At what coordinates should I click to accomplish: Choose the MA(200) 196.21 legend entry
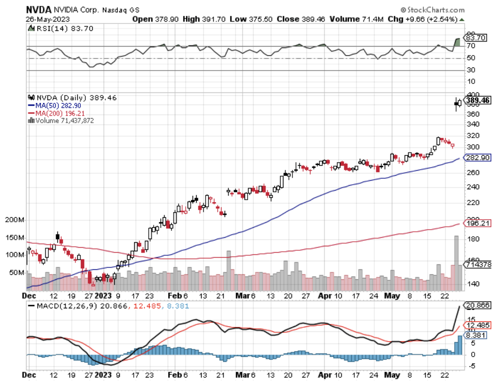[57, 113]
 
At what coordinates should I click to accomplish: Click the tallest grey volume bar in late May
[456, 263]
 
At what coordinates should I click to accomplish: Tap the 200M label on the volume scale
[15, 220]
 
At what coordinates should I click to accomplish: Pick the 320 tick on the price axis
[471, 135]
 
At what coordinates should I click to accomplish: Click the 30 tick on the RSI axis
[471, 70]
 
